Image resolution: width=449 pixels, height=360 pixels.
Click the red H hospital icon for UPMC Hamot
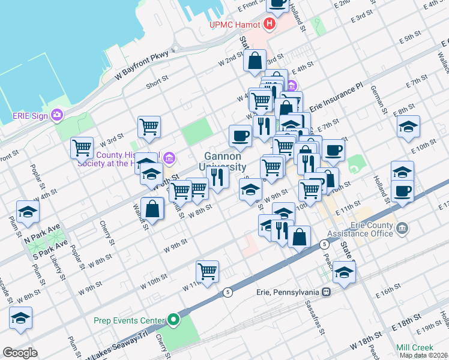coord(270,25)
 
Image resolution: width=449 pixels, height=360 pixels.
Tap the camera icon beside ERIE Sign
coord(57,114)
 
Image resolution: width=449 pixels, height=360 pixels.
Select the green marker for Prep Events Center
coord(174,319)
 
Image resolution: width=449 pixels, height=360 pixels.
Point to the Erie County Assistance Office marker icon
coord(402,228)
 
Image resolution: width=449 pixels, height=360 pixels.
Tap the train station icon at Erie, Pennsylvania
coord(326,292)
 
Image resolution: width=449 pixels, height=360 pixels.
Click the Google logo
coord(20,353)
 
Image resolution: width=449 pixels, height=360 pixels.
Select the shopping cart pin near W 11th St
coord(207,271)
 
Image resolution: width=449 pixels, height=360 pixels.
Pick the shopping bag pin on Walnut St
coord(153,208)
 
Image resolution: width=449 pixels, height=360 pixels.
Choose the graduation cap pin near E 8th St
coord(408,126)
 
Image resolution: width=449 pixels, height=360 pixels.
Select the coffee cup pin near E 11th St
coord(402,191)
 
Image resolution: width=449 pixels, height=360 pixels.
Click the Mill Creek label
coord(414,347)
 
